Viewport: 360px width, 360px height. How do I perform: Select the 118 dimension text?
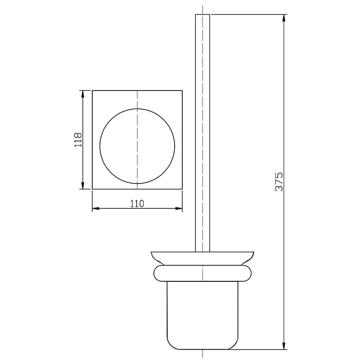click(78, 139)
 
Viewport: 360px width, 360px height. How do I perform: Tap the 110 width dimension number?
click(137, 203)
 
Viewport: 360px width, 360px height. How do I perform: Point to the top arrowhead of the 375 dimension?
click(284, 18)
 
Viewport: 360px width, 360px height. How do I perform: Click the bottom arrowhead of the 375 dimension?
click(284, 346)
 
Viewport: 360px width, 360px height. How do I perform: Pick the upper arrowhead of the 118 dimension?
click(83, 94)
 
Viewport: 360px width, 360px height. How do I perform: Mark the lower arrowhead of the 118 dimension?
click(83, 185)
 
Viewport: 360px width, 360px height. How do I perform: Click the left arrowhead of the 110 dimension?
click(96, 208)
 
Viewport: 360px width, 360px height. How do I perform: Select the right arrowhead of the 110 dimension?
click(179, 208)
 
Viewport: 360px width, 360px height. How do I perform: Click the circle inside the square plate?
click(100, 146)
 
